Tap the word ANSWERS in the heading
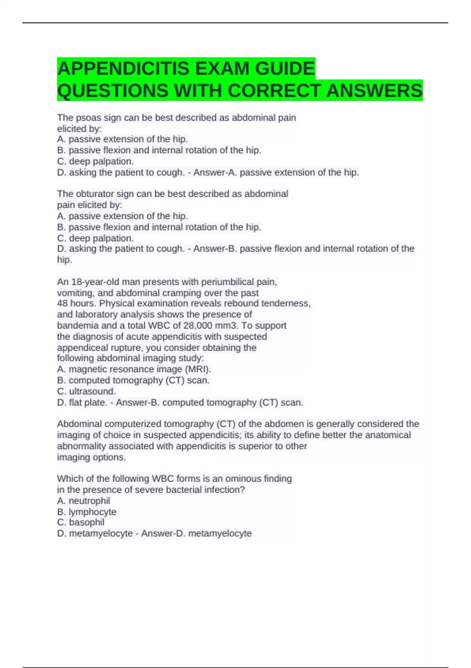pyautogui.click(x=374, y=91)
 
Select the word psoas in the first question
pyautogui.click(x=88, y=117)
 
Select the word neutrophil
pyautogui.click(x=89, y=501)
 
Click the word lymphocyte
pyautogui.click(x=92, y=512)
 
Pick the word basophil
pyautogui.click(x=87, y=522)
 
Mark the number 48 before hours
pyautogui.click(x=62, y=303)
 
